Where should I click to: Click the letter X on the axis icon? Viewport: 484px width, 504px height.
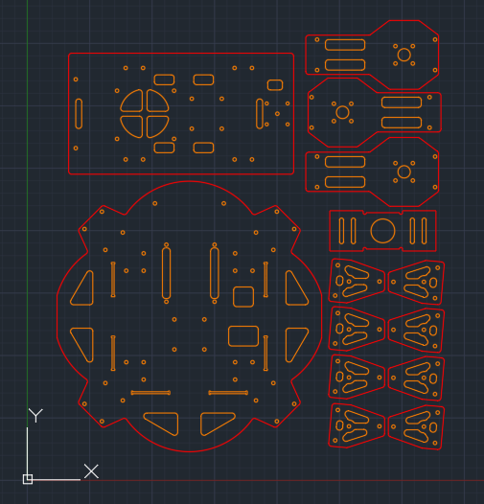point(91,471)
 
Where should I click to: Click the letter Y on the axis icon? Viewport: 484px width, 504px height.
point(35,416)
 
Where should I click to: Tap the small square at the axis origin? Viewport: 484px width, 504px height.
point(28,479)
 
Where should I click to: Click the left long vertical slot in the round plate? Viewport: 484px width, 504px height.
point(163,273)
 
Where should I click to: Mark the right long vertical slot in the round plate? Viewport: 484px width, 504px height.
point(211,273)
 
